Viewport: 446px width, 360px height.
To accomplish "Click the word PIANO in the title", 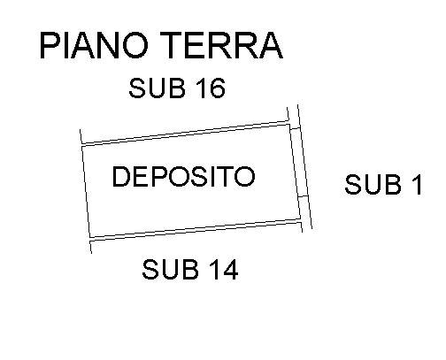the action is coord(93,46).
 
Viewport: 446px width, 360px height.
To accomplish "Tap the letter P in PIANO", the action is coord(49,46).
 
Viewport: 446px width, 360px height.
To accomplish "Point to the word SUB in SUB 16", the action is coord(158,88).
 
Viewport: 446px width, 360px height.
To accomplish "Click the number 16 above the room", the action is coord(210,88).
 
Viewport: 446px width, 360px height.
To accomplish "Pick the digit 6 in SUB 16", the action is coord(217,88).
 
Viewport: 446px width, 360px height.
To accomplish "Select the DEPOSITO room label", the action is coord(183,176).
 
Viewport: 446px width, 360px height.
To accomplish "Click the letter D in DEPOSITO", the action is coord(121,176).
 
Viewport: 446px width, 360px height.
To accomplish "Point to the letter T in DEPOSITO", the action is coord(226,176).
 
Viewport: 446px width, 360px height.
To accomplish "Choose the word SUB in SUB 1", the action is coord(373,184).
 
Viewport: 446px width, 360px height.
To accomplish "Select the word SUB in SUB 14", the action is coord(170,269).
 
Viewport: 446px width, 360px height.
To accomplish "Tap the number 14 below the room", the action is coord(223,269).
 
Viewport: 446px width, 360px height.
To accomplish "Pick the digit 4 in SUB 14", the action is coord(230,269).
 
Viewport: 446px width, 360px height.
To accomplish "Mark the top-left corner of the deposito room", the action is coord(81,146).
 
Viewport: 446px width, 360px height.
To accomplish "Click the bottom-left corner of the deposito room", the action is coord(89,237).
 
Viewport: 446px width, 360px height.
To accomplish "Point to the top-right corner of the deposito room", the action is coord(290,125).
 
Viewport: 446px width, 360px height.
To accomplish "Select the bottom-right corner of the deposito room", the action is coord(301,219).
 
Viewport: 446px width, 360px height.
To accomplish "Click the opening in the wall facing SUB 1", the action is coord(299,162).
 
